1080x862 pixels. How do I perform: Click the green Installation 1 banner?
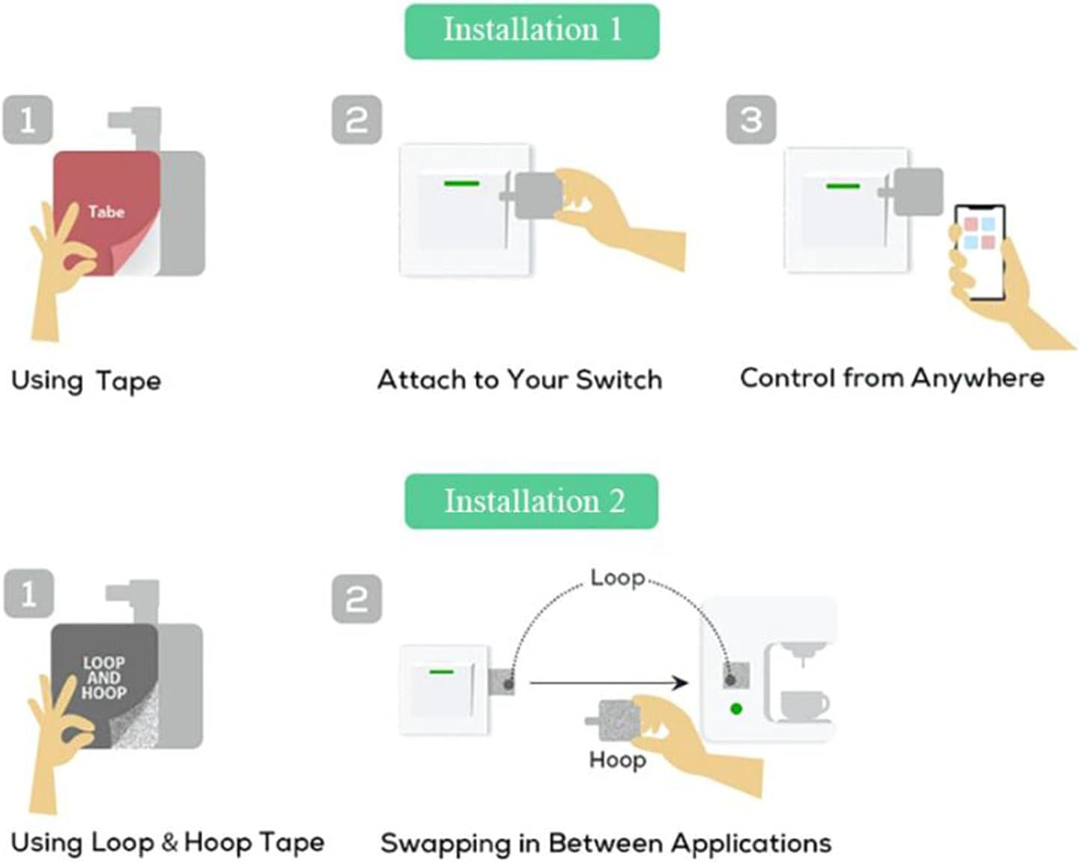coord(532,31)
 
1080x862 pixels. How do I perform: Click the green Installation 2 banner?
coord(532,501)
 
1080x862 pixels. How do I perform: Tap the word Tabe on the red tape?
coord(106,212)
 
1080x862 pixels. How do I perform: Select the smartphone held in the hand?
coord(980,252)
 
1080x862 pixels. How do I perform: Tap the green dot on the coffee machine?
coord(736,709)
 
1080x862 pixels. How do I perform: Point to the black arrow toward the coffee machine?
coord(609,683)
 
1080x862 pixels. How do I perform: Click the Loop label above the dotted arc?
coord(617,578)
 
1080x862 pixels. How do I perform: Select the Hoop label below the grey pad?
coord(617,760)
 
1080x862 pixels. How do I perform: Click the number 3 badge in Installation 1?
coord(751,119)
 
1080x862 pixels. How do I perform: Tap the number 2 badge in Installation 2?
coord(357,599)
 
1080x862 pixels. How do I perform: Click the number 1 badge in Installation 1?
coord(28,119)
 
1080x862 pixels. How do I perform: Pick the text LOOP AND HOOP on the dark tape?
coord(104,678)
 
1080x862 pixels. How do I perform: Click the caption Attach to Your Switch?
coord(520,380)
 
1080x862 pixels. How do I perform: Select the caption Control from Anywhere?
coord(892,378)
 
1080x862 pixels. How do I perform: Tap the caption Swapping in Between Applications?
coord(606,843)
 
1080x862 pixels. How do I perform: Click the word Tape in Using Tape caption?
coord(129,381)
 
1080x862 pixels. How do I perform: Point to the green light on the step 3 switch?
coord(843,187)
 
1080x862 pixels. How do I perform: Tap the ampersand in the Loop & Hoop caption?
coord(170,843)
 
